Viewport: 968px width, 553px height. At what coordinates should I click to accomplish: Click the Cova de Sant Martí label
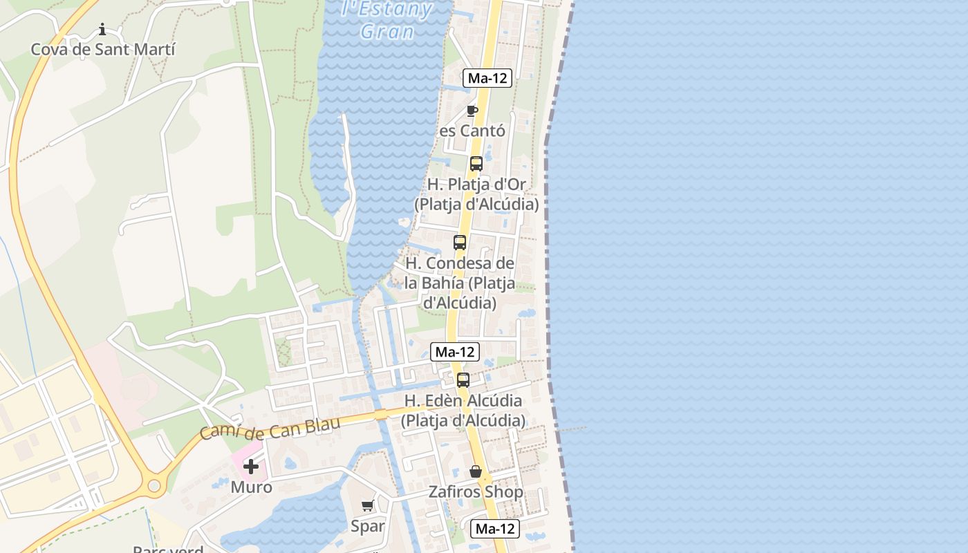tap(103, 49)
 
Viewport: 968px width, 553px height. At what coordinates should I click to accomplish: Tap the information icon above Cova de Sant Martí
tap(102, 29)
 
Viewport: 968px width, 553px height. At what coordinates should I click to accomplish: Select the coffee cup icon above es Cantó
tap(472, 111)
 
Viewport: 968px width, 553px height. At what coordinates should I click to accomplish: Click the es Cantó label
tap(472, 131)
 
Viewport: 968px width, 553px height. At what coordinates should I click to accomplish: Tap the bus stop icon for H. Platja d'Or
tap(476, 164)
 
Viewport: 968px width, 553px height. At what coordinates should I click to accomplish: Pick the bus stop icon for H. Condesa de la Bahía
tap(460, 243)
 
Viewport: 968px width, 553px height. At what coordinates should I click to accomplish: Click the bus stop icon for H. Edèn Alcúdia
tap(463, 380)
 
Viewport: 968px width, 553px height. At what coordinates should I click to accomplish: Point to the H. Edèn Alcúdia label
tap(463, 410)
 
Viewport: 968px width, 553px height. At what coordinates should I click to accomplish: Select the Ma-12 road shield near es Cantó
tap(487, 78)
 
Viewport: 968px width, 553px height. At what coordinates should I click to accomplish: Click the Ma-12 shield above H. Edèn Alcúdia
tap(455, 352)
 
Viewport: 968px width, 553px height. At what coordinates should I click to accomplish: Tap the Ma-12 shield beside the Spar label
tap(496, 529)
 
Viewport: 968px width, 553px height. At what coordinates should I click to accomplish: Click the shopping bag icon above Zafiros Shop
tap(476, 472)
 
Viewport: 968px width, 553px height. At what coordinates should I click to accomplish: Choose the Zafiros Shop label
tap(476, 492)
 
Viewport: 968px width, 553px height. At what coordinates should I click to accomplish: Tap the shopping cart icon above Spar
tap(368, 505)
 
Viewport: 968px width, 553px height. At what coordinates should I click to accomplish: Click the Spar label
tap(368, 526)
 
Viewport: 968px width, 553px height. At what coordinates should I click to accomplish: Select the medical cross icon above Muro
tap(251, 467)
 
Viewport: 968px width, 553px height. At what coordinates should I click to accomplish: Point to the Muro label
tap(251, 487)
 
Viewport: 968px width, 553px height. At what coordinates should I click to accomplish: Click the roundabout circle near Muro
tap(153, 486)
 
